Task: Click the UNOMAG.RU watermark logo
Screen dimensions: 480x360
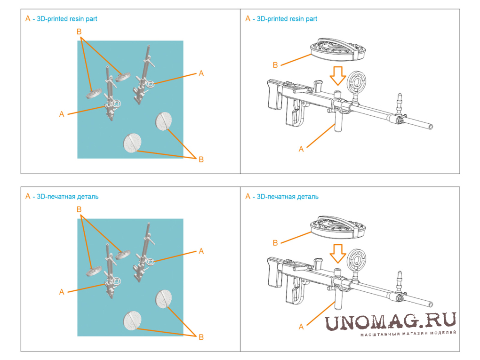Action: coord(390,321)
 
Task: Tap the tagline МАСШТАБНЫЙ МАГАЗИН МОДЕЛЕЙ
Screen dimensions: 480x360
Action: coord(408,333)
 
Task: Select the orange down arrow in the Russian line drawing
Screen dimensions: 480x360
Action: coord(338,254)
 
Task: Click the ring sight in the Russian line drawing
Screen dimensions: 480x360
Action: coord(357,260)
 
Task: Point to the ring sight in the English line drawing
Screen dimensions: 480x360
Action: coord(357,82)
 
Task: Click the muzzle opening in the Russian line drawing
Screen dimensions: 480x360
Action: coord(431,304)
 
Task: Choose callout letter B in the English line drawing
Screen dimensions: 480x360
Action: coord(275,65)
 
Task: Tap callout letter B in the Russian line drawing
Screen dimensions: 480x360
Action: coord(275,243)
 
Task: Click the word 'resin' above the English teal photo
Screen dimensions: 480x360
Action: coord(77,19)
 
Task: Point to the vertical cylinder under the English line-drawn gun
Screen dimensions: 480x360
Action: coord(338,120)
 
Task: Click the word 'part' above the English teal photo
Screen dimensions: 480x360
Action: coord(91,19)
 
